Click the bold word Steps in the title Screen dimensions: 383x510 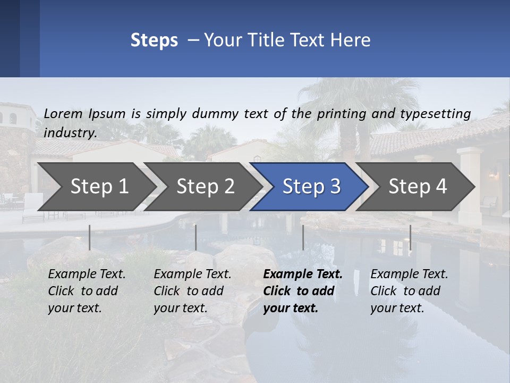(154, 40)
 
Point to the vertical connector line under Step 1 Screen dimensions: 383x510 (90, 237)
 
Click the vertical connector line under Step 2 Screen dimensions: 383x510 (196, 237)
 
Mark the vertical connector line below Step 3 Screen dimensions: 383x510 (303, 237)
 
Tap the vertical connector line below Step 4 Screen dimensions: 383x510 (410, 237)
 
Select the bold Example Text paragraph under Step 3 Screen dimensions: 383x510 (303, 291)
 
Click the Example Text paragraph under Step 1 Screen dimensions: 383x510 (87, 291)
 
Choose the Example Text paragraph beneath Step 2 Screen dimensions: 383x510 (192, 291)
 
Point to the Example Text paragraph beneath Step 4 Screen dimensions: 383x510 (409, 291)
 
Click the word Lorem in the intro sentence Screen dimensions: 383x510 (63, 113)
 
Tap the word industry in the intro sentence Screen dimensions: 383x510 (70, 133)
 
